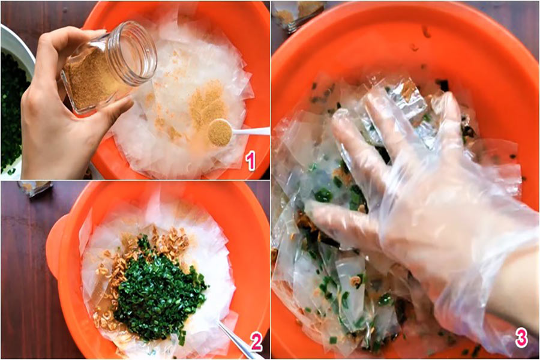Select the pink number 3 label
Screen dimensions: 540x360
click(x=521, y=338)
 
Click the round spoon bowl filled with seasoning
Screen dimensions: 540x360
click(x=220, y=132)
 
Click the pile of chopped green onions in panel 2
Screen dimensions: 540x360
click(x=158, y=293)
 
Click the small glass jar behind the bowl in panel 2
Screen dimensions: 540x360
click(x=34, y=188)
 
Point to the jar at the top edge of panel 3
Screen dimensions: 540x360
click(x=298, y=13)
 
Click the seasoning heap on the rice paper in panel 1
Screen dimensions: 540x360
click(x=206, y=103)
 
